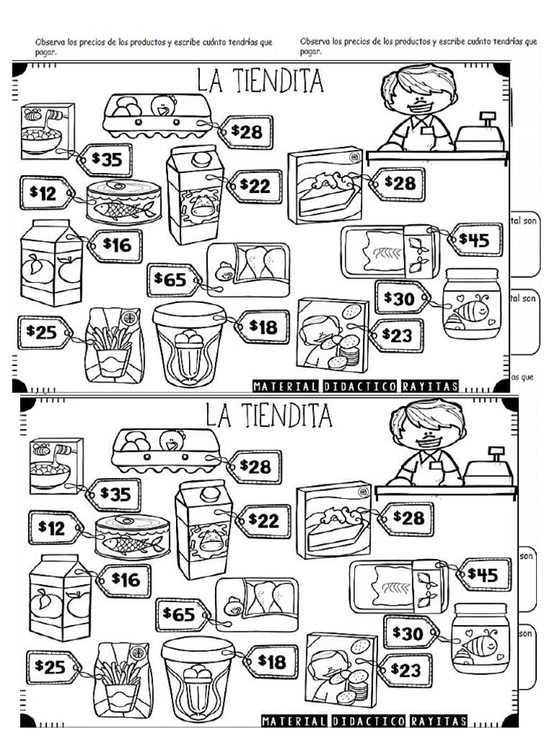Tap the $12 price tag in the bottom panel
click(48, 528)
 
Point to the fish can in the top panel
click(124, 202)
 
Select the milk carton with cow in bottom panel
click(203, 529)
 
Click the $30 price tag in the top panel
click(402, 297)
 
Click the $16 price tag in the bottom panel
click(124, 579)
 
